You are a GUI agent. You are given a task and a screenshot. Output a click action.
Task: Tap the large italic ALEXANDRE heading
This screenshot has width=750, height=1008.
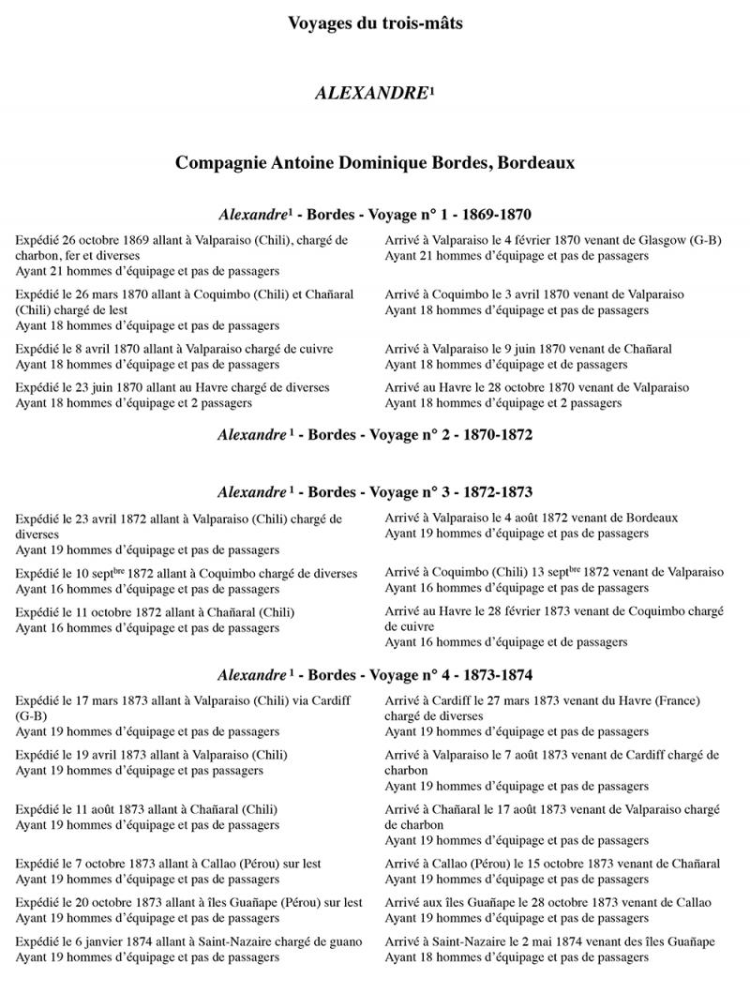coord(369,95)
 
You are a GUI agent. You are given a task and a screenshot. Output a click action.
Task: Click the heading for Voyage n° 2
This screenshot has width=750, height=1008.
coord(374,435)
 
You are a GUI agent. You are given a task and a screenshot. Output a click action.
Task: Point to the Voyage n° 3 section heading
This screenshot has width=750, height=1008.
coord(374,491)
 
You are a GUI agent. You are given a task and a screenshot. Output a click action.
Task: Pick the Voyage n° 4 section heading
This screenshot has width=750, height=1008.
coord(374,674)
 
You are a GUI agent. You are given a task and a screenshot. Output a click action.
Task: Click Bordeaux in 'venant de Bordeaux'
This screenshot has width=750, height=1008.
coord(647,518)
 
